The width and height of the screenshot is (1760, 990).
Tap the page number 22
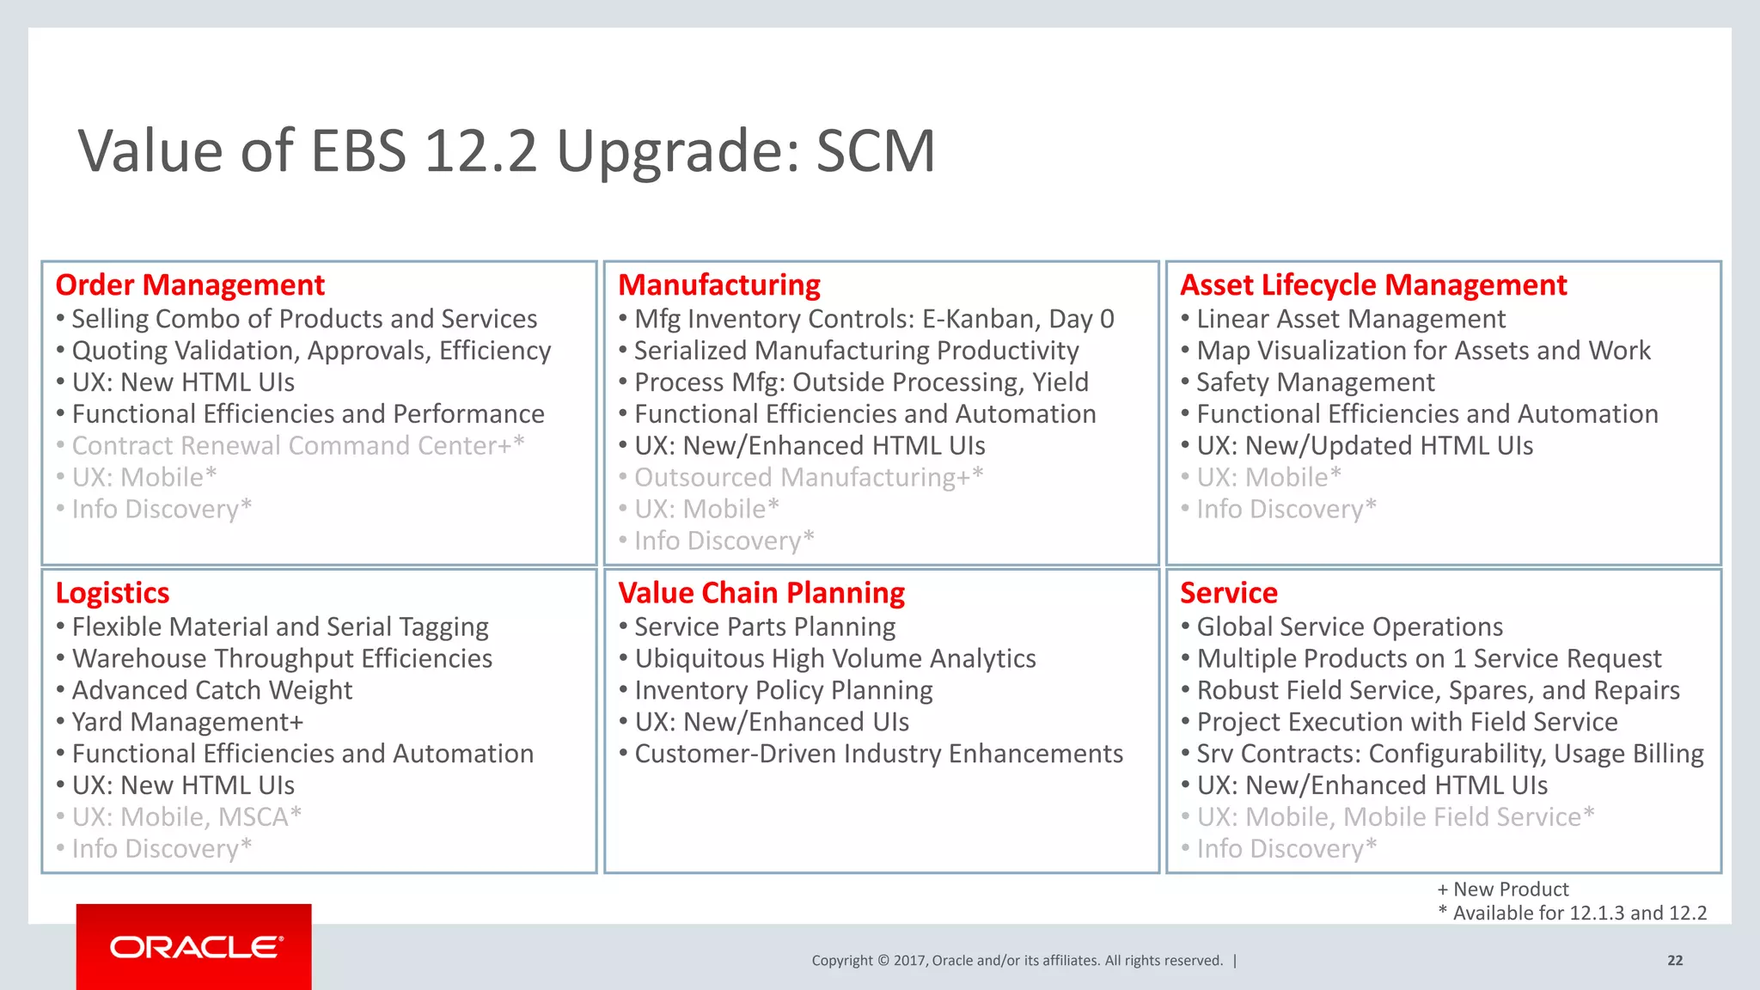pos(1675,961)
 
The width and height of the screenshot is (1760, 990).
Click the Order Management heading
pos(190,284)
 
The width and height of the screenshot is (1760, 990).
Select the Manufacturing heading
pos(719,284)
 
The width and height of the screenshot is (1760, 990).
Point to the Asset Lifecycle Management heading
pos(1373,284)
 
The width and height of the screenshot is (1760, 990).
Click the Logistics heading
pos(113,593)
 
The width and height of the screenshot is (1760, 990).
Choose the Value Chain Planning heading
pos(761,593)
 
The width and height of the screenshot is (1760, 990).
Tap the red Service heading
pos(1229,593)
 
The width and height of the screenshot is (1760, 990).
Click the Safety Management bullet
pos(1315,382)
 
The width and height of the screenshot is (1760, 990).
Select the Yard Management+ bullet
pos(187,722)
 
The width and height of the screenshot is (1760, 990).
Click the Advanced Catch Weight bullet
pos(212,690)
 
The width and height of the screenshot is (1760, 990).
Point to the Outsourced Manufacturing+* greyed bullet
pos(808,478)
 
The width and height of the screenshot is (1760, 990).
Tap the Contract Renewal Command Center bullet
pos(297,446)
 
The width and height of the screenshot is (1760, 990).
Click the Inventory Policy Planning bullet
pos(783,690)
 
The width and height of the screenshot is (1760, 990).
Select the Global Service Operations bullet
pos(1349,626)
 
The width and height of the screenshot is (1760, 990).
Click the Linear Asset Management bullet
pos(1351,319)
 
